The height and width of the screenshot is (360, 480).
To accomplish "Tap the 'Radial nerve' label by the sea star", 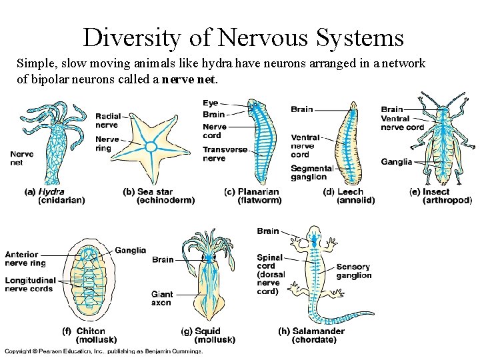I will point(107,121).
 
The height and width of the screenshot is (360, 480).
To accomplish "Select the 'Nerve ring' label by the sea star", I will point(107,143).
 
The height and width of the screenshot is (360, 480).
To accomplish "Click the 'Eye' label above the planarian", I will point(210,103).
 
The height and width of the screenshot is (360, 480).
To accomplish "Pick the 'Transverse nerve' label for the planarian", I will point(225,154).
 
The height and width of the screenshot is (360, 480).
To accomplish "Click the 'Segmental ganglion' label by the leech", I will point(311,173).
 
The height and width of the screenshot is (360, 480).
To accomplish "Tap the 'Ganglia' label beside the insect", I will point(397,162).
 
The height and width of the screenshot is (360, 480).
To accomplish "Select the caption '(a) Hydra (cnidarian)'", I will point(56,195).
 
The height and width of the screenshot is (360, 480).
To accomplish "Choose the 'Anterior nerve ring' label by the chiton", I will point(25,259).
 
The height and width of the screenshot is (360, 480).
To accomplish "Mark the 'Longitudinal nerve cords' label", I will point(31,285).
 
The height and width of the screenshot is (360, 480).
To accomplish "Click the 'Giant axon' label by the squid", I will point(161,299).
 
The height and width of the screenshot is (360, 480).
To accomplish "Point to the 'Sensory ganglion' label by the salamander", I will point(354,271).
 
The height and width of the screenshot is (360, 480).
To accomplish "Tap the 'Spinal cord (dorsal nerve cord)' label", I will point(271,274).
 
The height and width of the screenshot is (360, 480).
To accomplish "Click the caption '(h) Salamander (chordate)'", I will point(311,335).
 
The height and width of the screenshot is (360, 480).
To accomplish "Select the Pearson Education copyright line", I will point(103,351).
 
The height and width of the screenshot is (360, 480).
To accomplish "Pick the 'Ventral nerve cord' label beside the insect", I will point(403,123).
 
